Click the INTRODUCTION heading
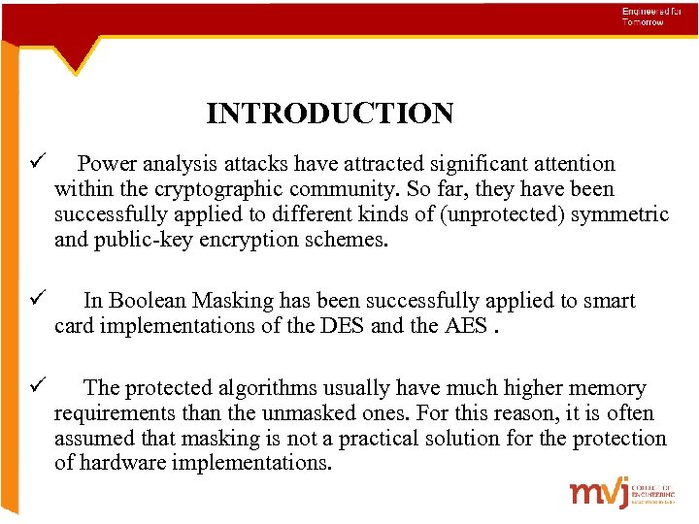pyautogui.click(x=329, y=115)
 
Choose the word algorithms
pyautogui.click(x=289, y=389)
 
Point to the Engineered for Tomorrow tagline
pyautogui.click(x=644, y=16)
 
